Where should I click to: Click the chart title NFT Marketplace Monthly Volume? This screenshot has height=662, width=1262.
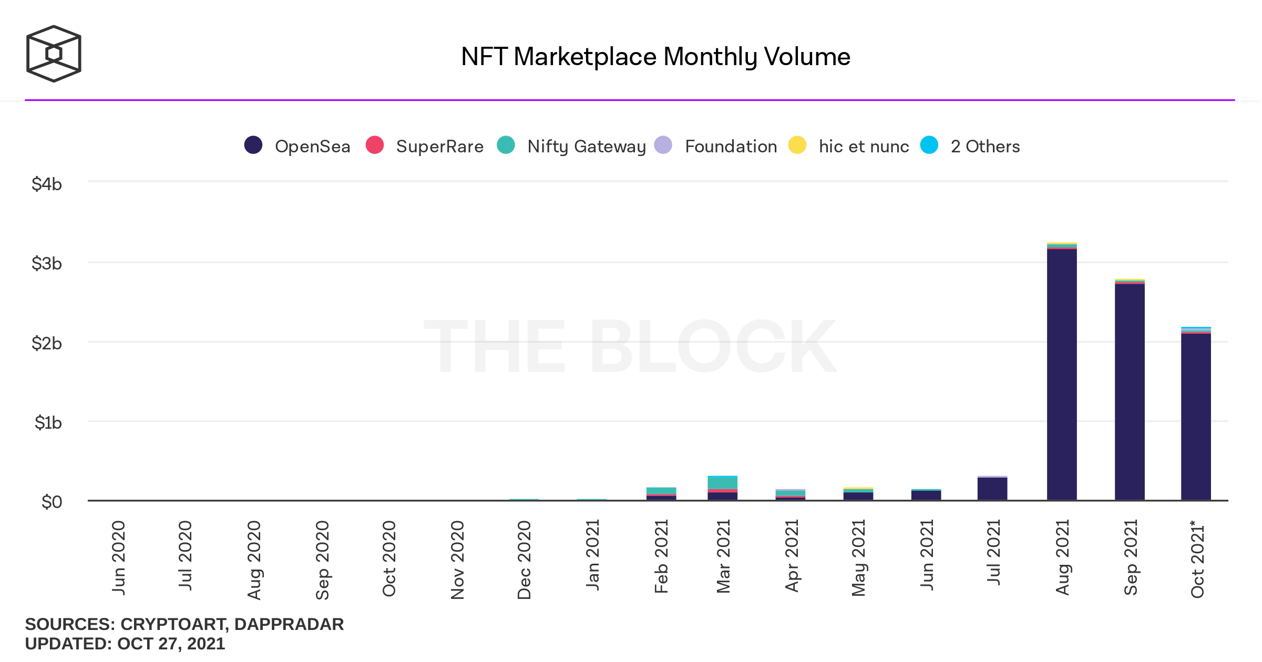[x=655, y=57]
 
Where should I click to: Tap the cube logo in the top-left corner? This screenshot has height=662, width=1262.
[x=54, y=54]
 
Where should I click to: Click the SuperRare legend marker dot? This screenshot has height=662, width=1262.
[x=375, y=145]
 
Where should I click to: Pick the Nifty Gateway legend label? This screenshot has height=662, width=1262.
[x=587, y=147]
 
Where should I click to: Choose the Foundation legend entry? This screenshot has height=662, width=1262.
[x=731, y=147]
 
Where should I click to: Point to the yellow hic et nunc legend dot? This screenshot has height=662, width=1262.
[x=797, y=145]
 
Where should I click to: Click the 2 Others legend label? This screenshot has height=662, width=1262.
[x=985, y=147]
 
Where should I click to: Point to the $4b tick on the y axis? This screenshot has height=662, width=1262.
[x=47, y=184]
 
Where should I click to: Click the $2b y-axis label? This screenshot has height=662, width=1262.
[x=47, y=344]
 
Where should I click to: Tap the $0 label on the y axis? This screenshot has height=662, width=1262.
[x=52, y=502]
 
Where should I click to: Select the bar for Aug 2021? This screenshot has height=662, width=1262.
[x=1062, y=373]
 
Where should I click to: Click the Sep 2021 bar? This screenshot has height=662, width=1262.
[x=1130, y=391]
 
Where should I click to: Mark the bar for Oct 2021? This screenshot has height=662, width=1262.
[x=1196, y=415]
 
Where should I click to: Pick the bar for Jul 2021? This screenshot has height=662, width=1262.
[x=992, y=489]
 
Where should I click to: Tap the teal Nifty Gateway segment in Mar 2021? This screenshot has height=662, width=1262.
[x=723, y=483]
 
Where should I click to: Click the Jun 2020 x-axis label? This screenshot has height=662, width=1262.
[x=119, y=558]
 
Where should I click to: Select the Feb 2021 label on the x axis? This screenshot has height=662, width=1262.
[x=661, y=557]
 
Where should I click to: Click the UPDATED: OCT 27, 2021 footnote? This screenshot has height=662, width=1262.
[x=125, y=644]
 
